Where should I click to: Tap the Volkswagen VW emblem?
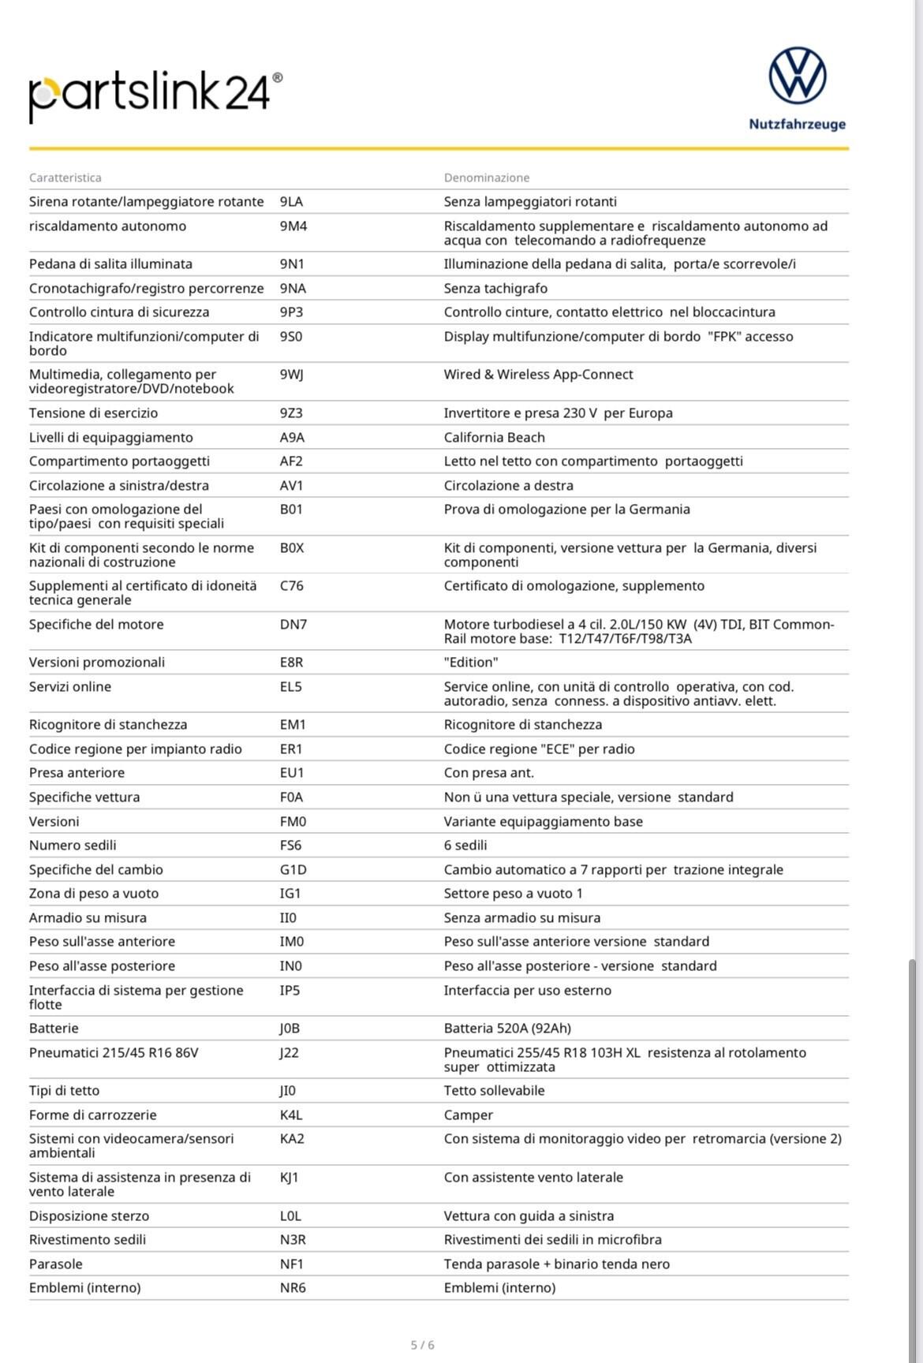pyautogui.click(x=797, y=76)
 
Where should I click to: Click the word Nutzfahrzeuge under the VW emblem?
pyautogui.click(x=797, y=124)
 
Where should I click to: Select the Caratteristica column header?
pyautogui.click(x=65, y=177)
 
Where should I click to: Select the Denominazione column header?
pyautogui.click(x=487, y=177)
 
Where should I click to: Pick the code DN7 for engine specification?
pyautogui.click(x=293, y=625)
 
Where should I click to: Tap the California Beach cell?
pyautogui.click(x=494, y=438)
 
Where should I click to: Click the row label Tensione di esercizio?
pyautogui.click(x=93, y=413)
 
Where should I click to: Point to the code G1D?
pyautogui.click(x=293, y=870)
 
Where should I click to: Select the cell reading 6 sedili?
pyautogui.click(x=465, y=846)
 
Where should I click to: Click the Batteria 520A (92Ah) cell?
pyautogui.click(x=507, y=1029)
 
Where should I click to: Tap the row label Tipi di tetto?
pyautogui.click(x=64, y=1091)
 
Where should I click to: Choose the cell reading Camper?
pyautogui.click(x=469, y=1115)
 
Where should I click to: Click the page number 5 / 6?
pyautogui.click(x=423, y=1345)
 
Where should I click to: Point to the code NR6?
pyautogui.click(x=293, y=1288)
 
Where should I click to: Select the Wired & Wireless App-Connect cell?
pyautogui.click(x=538, y=375)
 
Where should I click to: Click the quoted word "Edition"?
pyautogui.click(x=471, y=663)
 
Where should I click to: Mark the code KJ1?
pyautogui.click(x=290, y=1178)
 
